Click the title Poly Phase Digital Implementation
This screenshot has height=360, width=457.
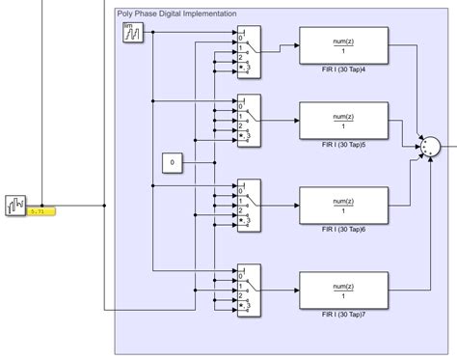tap(175, 14)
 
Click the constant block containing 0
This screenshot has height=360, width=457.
tap(173, 163)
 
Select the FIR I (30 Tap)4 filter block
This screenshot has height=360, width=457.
tap(344, 43)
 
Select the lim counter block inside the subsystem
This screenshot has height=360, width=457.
tap(133, 33)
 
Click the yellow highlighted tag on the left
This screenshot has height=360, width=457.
tap(41, 209)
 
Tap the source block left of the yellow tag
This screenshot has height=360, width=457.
tap(16, 205)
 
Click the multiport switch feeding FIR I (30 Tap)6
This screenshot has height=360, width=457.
tap(249, 205)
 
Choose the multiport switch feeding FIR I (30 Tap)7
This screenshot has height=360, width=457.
tap(249, 290)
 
